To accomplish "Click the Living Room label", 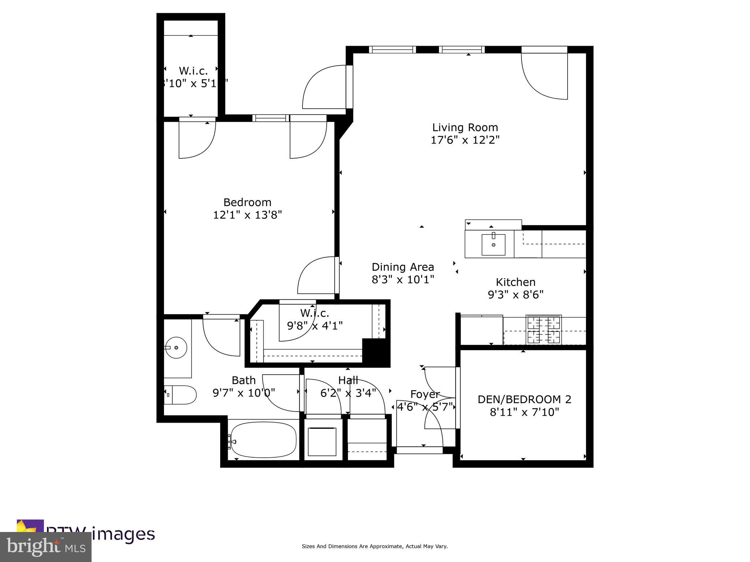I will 465,128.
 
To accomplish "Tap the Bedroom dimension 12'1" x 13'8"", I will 247,215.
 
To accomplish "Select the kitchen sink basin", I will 493,244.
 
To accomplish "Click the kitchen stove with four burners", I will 543,330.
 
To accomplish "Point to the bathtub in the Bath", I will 263,440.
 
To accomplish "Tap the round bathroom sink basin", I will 176,347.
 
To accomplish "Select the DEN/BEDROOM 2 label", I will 524,399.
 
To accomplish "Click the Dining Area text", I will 402,267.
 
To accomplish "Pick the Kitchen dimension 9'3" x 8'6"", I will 515,295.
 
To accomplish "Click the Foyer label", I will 424,394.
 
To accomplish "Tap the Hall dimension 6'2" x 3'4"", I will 348,393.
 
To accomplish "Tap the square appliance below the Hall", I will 322,442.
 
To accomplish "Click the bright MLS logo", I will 45,547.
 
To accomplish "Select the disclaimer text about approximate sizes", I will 374,546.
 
